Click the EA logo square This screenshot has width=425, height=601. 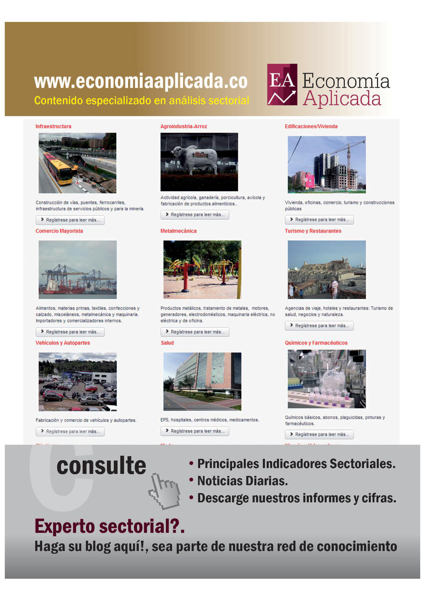[x=282, y=84]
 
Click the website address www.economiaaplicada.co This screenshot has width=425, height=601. [x=141, y=82]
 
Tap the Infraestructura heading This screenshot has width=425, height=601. [x=53, y=126]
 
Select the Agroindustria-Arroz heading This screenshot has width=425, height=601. [x=184, y=126]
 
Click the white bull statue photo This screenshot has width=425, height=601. [x=199, y=161]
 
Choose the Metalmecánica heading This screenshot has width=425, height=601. [x=179, y=231]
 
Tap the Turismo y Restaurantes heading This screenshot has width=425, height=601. [x=313, y=231]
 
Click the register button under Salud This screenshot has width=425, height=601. [x=195, y=431]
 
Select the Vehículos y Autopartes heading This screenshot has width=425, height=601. [x=63, y=343]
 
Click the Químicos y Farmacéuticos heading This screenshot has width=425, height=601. [x=316, y=343]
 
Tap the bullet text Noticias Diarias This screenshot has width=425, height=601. [x=242, y=481]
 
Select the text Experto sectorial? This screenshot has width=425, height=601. [x=110, y=526]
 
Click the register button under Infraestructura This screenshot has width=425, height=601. [x=70, y=220]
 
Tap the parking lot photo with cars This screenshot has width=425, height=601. [x=77, y=382]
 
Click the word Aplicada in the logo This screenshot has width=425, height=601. [x=342, y=99]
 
